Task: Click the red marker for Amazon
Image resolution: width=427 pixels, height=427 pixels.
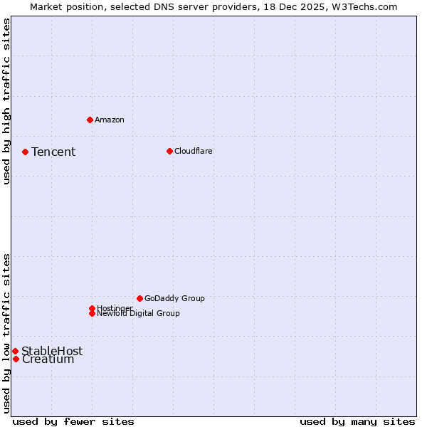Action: pos(90,120)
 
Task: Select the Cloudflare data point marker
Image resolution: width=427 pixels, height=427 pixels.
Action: pos(169,151)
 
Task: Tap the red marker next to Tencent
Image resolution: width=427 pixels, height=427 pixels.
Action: pos(25,152)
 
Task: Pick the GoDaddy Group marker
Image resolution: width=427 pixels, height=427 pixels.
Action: pos(139,298)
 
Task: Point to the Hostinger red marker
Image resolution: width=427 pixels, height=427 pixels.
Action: pos(92,308)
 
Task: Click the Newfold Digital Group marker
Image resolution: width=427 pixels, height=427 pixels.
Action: pos(92,313)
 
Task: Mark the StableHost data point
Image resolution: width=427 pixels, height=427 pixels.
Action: pos(15,351)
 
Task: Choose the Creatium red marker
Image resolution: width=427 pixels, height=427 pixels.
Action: pos(16,359)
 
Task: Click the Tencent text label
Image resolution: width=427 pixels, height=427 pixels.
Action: pos(53,152)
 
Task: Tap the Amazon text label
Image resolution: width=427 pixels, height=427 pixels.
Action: pos(110,120)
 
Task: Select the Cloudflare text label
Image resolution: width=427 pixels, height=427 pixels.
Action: pos(194,151)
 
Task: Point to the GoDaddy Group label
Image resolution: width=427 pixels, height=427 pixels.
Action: pos(174,298)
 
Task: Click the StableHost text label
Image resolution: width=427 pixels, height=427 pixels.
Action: pos(52,351)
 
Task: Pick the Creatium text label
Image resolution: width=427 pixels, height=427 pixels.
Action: pos(48,359)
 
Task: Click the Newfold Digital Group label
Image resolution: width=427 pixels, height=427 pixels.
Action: pos(139,314)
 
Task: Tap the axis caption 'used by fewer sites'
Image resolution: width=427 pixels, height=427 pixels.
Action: pos(73,421)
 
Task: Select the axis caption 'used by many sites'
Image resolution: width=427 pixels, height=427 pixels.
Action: pos(357,421)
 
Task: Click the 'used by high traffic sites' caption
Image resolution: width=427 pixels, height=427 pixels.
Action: pos(6,101)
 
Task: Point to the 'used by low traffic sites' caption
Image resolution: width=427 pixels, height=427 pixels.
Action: pos(6,333)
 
